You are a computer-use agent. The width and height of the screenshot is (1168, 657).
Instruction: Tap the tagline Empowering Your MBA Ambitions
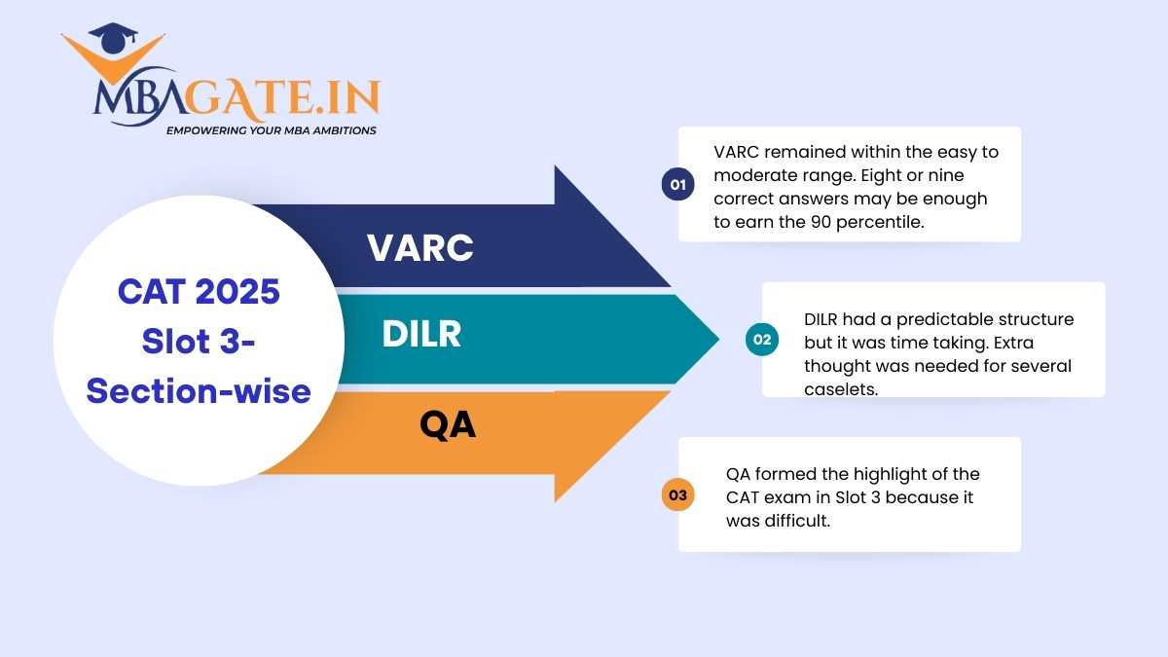[272, 130]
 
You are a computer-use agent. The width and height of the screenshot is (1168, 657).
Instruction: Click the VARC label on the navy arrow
[420, 247]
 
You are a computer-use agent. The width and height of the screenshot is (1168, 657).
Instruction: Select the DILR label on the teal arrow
[421, 334]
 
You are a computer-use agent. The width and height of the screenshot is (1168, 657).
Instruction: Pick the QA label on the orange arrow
[448, 425]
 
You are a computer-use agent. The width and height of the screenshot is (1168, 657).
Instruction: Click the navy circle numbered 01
[677, 184]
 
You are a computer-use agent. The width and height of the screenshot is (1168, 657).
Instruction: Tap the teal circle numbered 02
[762, 340]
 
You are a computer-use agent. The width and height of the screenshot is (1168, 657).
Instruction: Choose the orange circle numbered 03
[677, 494]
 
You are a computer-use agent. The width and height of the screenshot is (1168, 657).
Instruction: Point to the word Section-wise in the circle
[199, 391]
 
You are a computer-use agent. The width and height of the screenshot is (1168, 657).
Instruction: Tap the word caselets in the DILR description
[841, 389]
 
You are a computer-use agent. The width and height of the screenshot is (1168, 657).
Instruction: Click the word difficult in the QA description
[797, 521]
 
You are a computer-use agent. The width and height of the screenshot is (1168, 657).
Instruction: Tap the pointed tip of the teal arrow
[719, 340]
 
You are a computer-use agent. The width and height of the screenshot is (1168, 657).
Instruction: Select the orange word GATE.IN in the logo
[282, 97]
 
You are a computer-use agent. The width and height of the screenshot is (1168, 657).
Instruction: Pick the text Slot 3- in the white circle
[199, 342]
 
